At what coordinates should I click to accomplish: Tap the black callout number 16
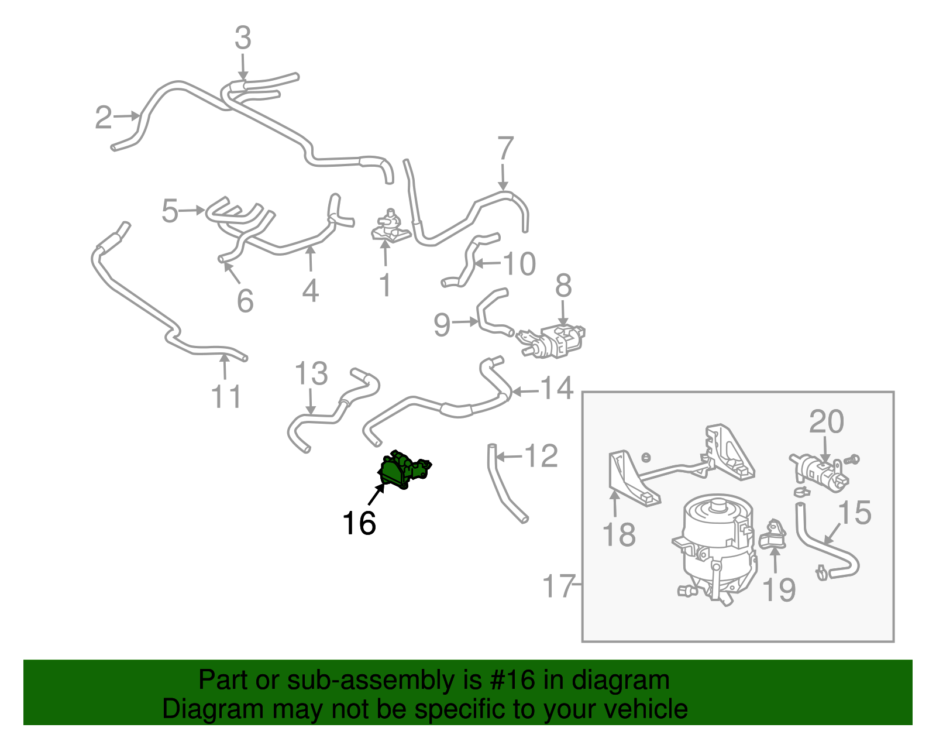pyautogui.click(x=359, y=523)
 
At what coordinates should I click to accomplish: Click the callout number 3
pyautogui.click(x=243, y=38)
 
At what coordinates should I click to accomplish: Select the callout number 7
pyautogui.click(x=505, y=149)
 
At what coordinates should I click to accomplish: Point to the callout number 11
pyautogui.click(x=226, y=397)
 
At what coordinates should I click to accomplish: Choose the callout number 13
pyautogui.click(x=311, y=373)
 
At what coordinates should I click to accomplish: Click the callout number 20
pyautogui.click(x=826, y=421)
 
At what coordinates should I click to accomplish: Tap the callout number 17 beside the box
pyautogui.click(x=559, y=586)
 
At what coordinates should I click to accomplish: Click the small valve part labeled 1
pyautogui.click(x=389, y=228)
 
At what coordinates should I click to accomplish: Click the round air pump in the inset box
pyautogui.click(x=717, y=544)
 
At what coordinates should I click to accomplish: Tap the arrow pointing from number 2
pyautogui.click(x=125, y=116)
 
